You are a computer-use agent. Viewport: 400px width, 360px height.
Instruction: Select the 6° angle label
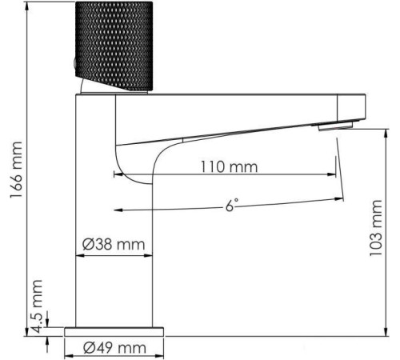[232, 205]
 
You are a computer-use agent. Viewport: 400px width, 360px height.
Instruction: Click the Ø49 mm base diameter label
[115, 346]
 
